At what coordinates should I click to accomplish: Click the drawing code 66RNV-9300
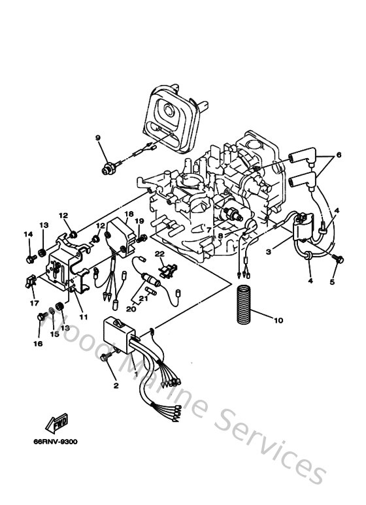[x=56, y=441]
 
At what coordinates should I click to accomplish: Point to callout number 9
[x=97, y=137]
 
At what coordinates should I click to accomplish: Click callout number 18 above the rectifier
[x=129, y=214]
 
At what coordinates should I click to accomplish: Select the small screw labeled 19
[x=140, y=238]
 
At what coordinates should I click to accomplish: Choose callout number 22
[x=159, y=253]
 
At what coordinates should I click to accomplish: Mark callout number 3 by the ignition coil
[x=267, y=252]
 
